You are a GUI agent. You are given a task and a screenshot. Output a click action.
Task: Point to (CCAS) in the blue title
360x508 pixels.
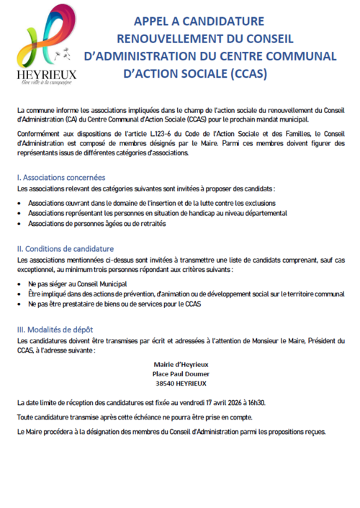246,73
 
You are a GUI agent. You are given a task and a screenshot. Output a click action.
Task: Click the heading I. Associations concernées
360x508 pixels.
61,177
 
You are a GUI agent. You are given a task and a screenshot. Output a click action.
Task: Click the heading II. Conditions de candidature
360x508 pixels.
69,248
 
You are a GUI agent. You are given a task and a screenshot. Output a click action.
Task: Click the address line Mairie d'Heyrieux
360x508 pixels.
180,364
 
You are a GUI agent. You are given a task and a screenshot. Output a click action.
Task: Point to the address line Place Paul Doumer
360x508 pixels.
180,374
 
